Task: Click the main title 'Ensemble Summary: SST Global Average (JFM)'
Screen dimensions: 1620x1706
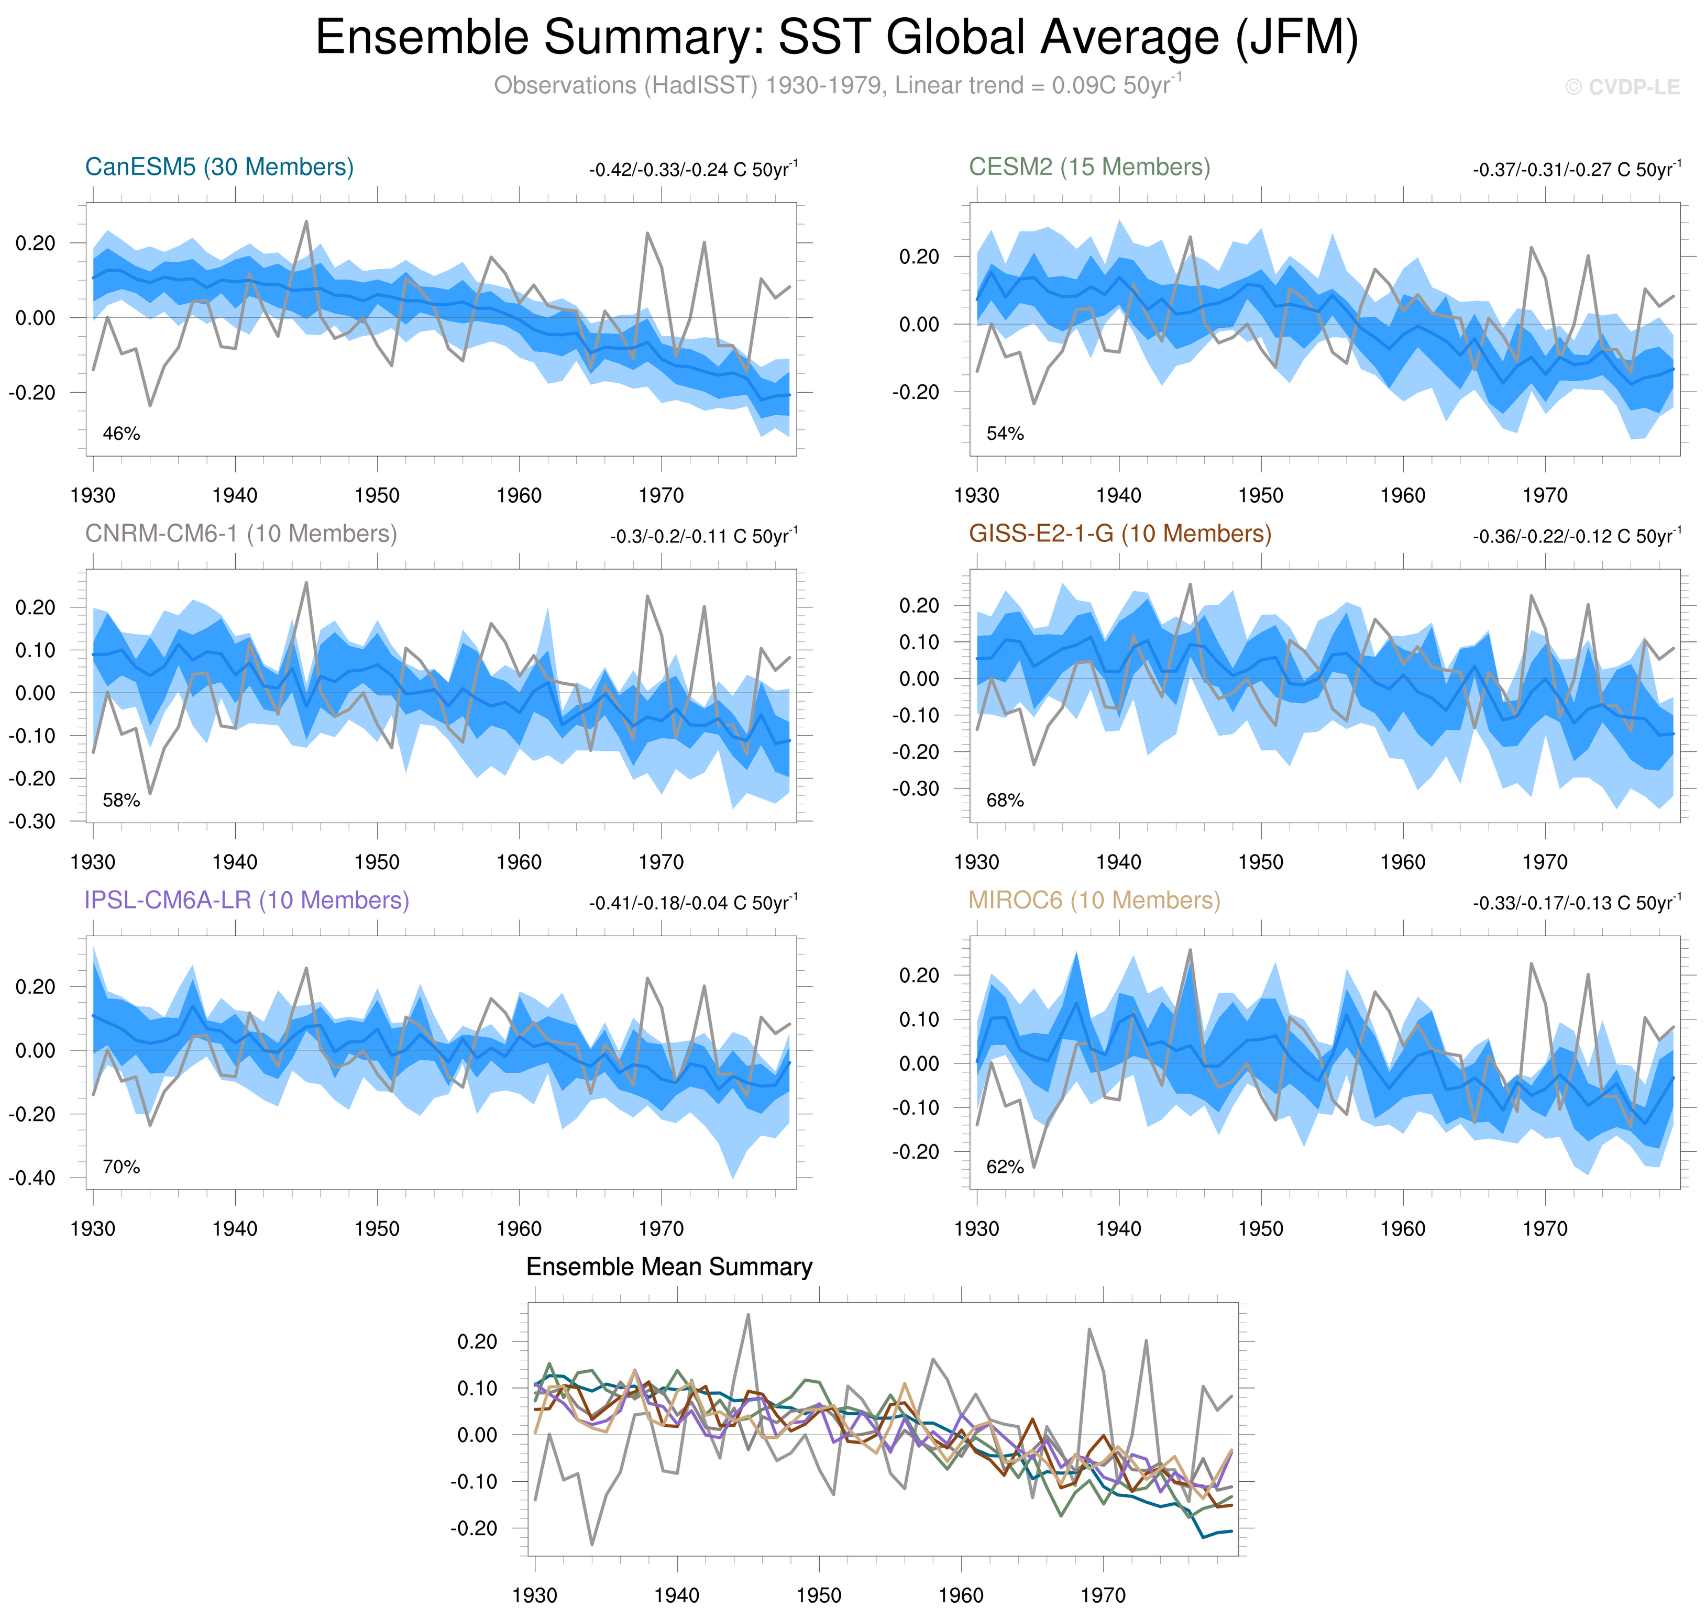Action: (x=836, y=38)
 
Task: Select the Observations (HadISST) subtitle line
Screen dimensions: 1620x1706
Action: (x=836, y=85)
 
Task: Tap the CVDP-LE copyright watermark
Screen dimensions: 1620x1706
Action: (x=1621, y=87)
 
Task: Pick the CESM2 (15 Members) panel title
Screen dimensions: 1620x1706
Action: (x=1089, y=167)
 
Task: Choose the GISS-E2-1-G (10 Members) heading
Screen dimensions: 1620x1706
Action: (x=1119, y=534)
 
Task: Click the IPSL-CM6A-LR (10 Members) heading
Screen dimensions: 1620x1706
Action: (x=246, y=900)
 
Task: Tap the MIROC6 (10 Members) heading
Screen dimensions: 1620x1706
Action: (x=1094, y=900)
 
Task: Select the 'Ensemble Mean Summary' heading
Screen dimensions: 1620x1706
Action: (x=668, y=1267)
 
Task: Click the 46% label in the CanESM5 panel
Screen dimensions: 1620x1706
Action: (x=121, y=434)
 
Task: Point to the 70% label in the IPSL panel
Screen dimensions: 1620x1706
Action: (x=121, y=1167)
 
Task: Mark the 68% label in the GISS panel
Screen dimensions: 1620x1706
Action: (x=1005, y=801)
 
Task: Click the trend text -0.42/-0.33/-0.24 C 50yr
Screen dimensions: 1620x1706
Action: (x=693, y=169)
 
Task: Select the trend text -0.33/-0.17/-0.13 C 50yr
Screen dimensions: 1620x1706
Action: (x=1577, y=902)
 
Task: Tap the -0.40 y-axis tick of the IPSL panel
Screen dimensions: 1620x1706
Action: (x=32, y=1178)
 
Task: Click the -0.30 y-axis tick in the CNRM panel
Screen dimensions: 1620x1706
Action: (x=32, y=821)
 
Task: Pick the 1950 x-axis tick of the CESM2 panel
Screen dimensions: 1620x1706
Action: (x=1260, y=496)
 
